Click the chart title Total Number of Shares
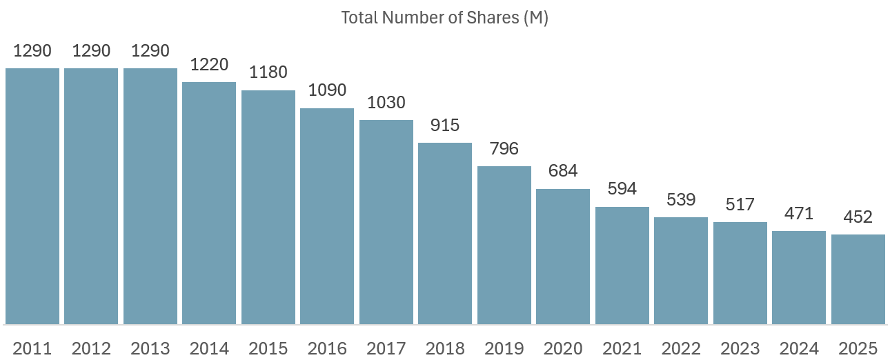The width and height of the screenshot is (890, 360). pyautogui.click(x=444, y=18)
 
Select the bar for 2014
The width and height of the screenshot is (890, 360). pyautogui.click(x=209, y=203)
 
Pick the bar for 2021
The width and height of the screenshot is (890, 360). pyautogui.click(x=622, y=266)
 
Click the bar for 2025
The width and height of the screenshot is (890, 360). pyautogui.click(x=858, y=279)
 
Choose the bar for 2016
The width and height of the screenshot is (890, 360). pyautogui.click(x=327, y=216)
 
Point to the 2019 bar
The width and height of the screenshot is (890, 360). pyautogui.click(x=504, y=245)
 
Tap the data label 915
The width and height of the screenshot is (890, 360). pyautogui.click(x=445, y=126)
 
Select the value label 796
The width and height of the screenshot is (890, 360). pyautogui.click(x=504, y=149)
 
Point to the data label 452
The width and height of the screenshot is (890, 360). pyautogui.click(x=858, y=217)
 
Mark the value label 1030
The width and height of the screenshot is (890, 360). pyautogui.click(x=386, y=103)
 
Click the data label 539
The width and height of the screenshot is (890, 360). pyautogui.click(x=681, y=200)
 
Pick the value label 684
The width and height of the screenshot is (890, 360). pyautogui.click(x=563, y=171)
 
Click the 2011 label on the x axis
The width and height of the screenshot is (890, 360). pyautogui.click(x=32, y=348)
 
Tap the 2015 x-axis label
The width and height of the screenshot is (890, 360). pyautogui.click(x=268, y=348)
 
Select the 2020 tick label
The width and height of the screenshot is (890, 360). pyautogui.click(x=563, y=348)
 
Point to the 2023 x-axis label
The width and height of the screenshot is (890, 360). pyautogui.click(x=740, y=348)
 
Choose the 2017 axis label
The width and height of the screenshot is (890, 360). pyautogui.click(x=386, y=348)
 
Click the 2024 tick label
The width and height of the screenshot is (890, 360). pyautogui.click(x=799, y=348)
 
